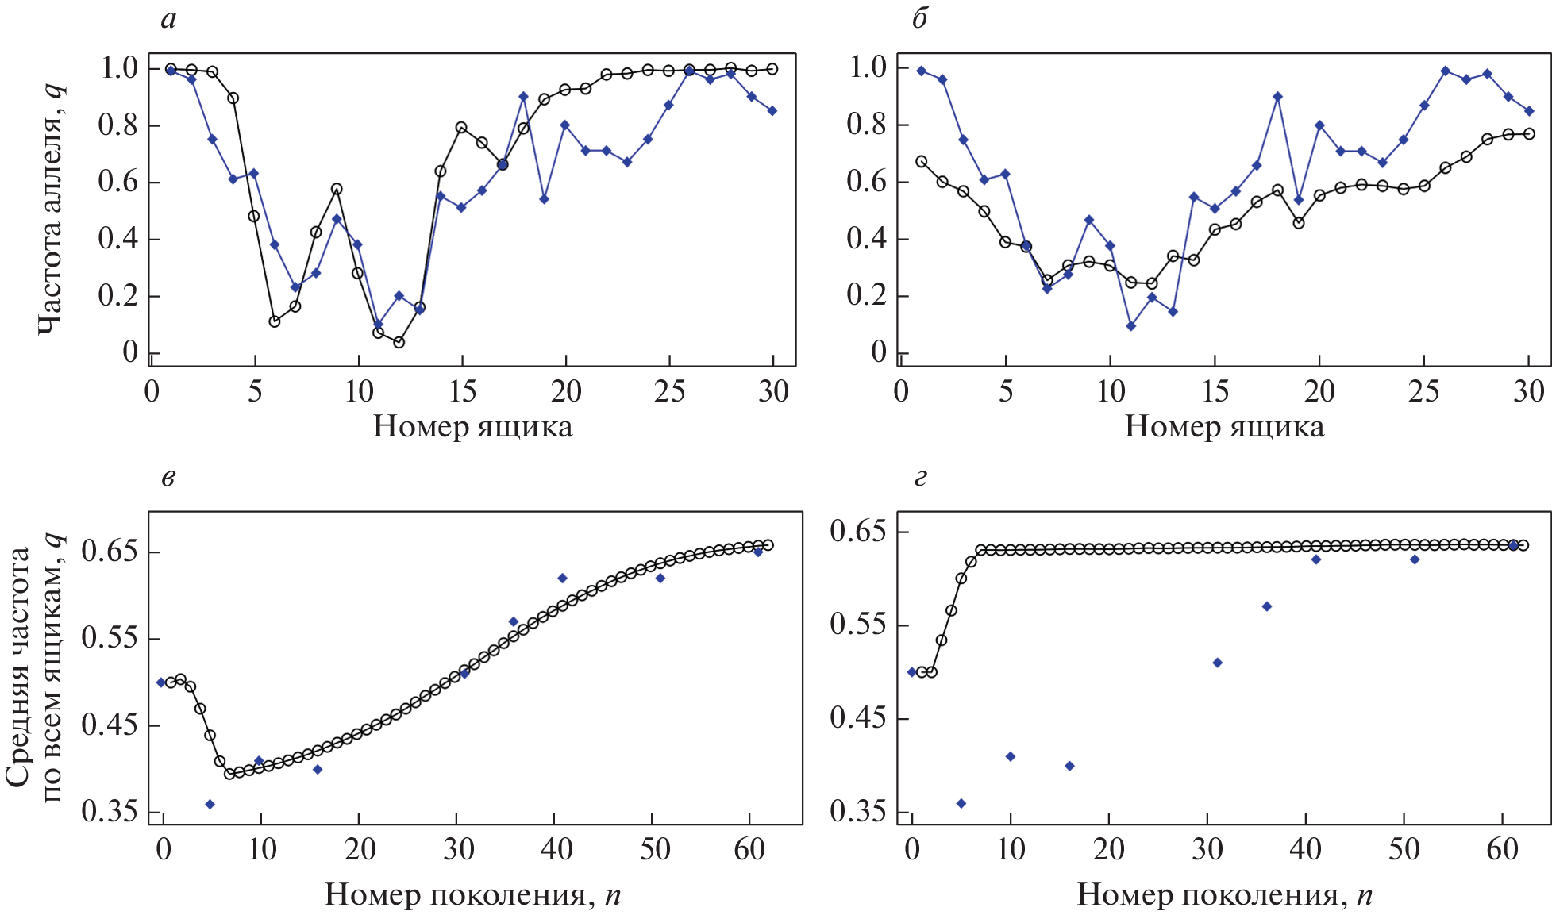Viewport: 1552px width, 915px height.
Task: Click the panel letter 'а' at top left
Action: [168, 20]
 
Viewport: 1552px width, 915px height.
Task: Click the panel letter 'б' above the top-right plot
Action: [919, 20]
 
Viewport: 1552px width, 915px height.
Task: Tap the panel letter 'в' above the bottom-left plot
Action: [168, 478]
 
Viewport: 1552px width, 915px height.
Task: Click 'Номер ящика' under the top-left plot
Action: [472, 427]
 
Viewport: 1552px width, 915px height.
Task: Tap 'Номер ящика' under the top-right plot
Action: [1224, 427]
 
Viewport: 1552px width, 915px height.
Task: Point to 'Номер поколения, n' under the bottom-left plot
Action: [472, 894]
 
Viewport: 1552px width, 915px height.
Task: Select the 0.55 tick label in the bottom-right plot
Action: [857, 625]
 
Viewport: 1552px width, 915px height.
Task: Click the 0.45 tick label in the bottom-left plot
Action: [109, 725]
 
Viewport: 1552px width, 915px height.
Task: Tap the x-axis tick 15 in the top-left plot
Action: [462, 391]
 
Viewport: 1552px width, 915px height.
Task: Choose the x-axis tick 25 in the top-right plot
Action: [1423, 391]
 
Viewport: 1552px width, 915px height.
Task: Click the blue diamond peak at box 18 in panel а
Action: [523, 97]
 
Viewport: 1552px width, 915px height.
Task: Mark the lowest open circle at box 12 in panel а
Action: [399, 343]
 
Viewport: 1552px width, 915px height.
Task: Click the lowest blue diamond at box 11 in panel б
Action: [1130, 326]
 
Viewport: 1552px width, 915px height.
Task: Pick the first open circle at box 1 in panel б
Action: [922, 161]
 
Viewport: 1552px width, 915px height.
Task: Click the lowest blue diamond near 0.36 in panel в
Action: [210, 804]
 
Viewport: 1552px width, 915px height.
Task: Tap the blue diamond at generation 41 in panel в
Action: [562, 578]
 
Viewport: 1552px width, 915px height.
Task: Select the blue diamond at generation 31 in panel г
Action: [1217, 663]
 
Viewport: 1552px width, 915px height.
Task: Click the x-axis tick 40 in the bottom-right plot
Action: [1305, 850]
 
